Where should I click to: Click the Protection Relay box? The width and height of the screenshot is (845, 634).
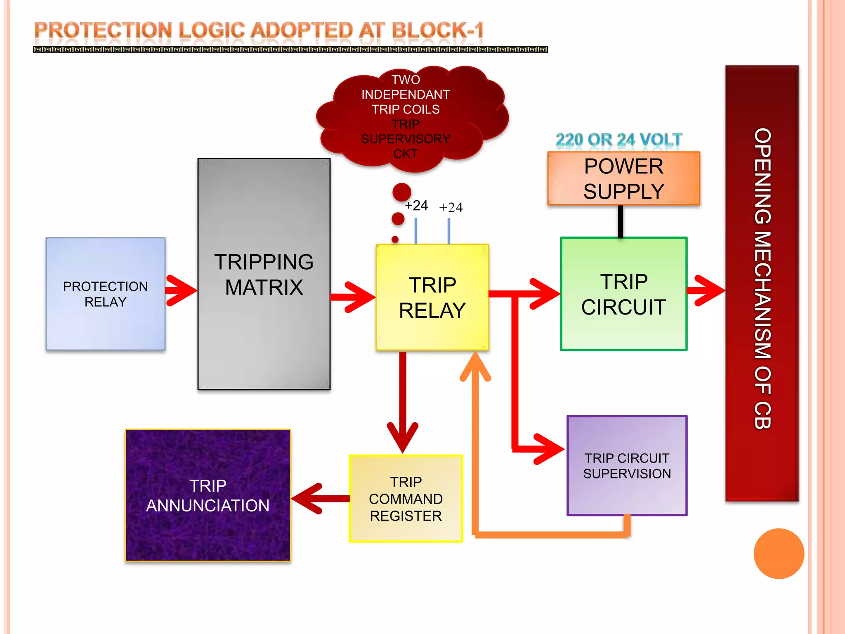(x=105, y=294)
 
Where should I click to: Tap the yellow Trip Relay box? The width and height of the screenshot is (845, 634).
(x=432, y=297)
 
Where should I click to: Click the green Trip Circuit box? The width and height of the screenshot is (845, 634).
(x=623, y=294)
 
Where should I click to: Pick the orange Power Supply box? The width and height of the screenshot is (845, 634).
(x=623, y=178)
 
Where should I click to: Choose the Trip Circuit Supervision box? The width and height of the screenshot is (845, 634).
(x=627, y=466)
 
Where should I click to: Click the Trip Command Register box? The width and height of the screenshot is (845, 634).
(x=406, y=499)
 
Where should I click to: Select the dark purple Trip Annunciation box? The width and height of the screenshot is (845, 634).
(x=208, y=495)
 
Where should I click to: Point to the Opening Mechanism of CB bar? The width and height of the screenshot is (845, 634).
(x=762, y=283)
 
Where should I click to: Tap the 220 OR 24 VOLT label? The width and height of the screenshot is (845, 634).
(x=618, y=140)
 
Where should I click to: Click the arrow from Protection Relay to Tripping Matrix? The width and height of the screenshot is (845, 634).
(x=182, y=291)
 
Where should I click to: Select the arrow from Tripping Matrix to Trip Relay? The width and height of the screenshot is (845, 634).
(x=354, y=297)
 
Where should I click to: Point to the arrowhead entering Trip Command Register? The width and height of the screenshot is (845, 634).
(x=403, y=438)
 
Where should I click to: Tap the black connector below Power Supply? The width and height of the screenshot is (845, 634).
(x=620, y=221)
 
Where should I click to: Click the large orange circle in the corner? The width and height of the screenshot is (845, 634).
(x=779, y=554)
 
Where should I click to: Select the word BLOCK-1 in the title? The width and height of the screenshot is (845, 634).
(x=437, y=31)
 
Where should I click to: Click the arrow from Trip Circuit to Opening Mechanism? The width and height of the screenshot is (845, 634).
(x=706, y=291)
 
